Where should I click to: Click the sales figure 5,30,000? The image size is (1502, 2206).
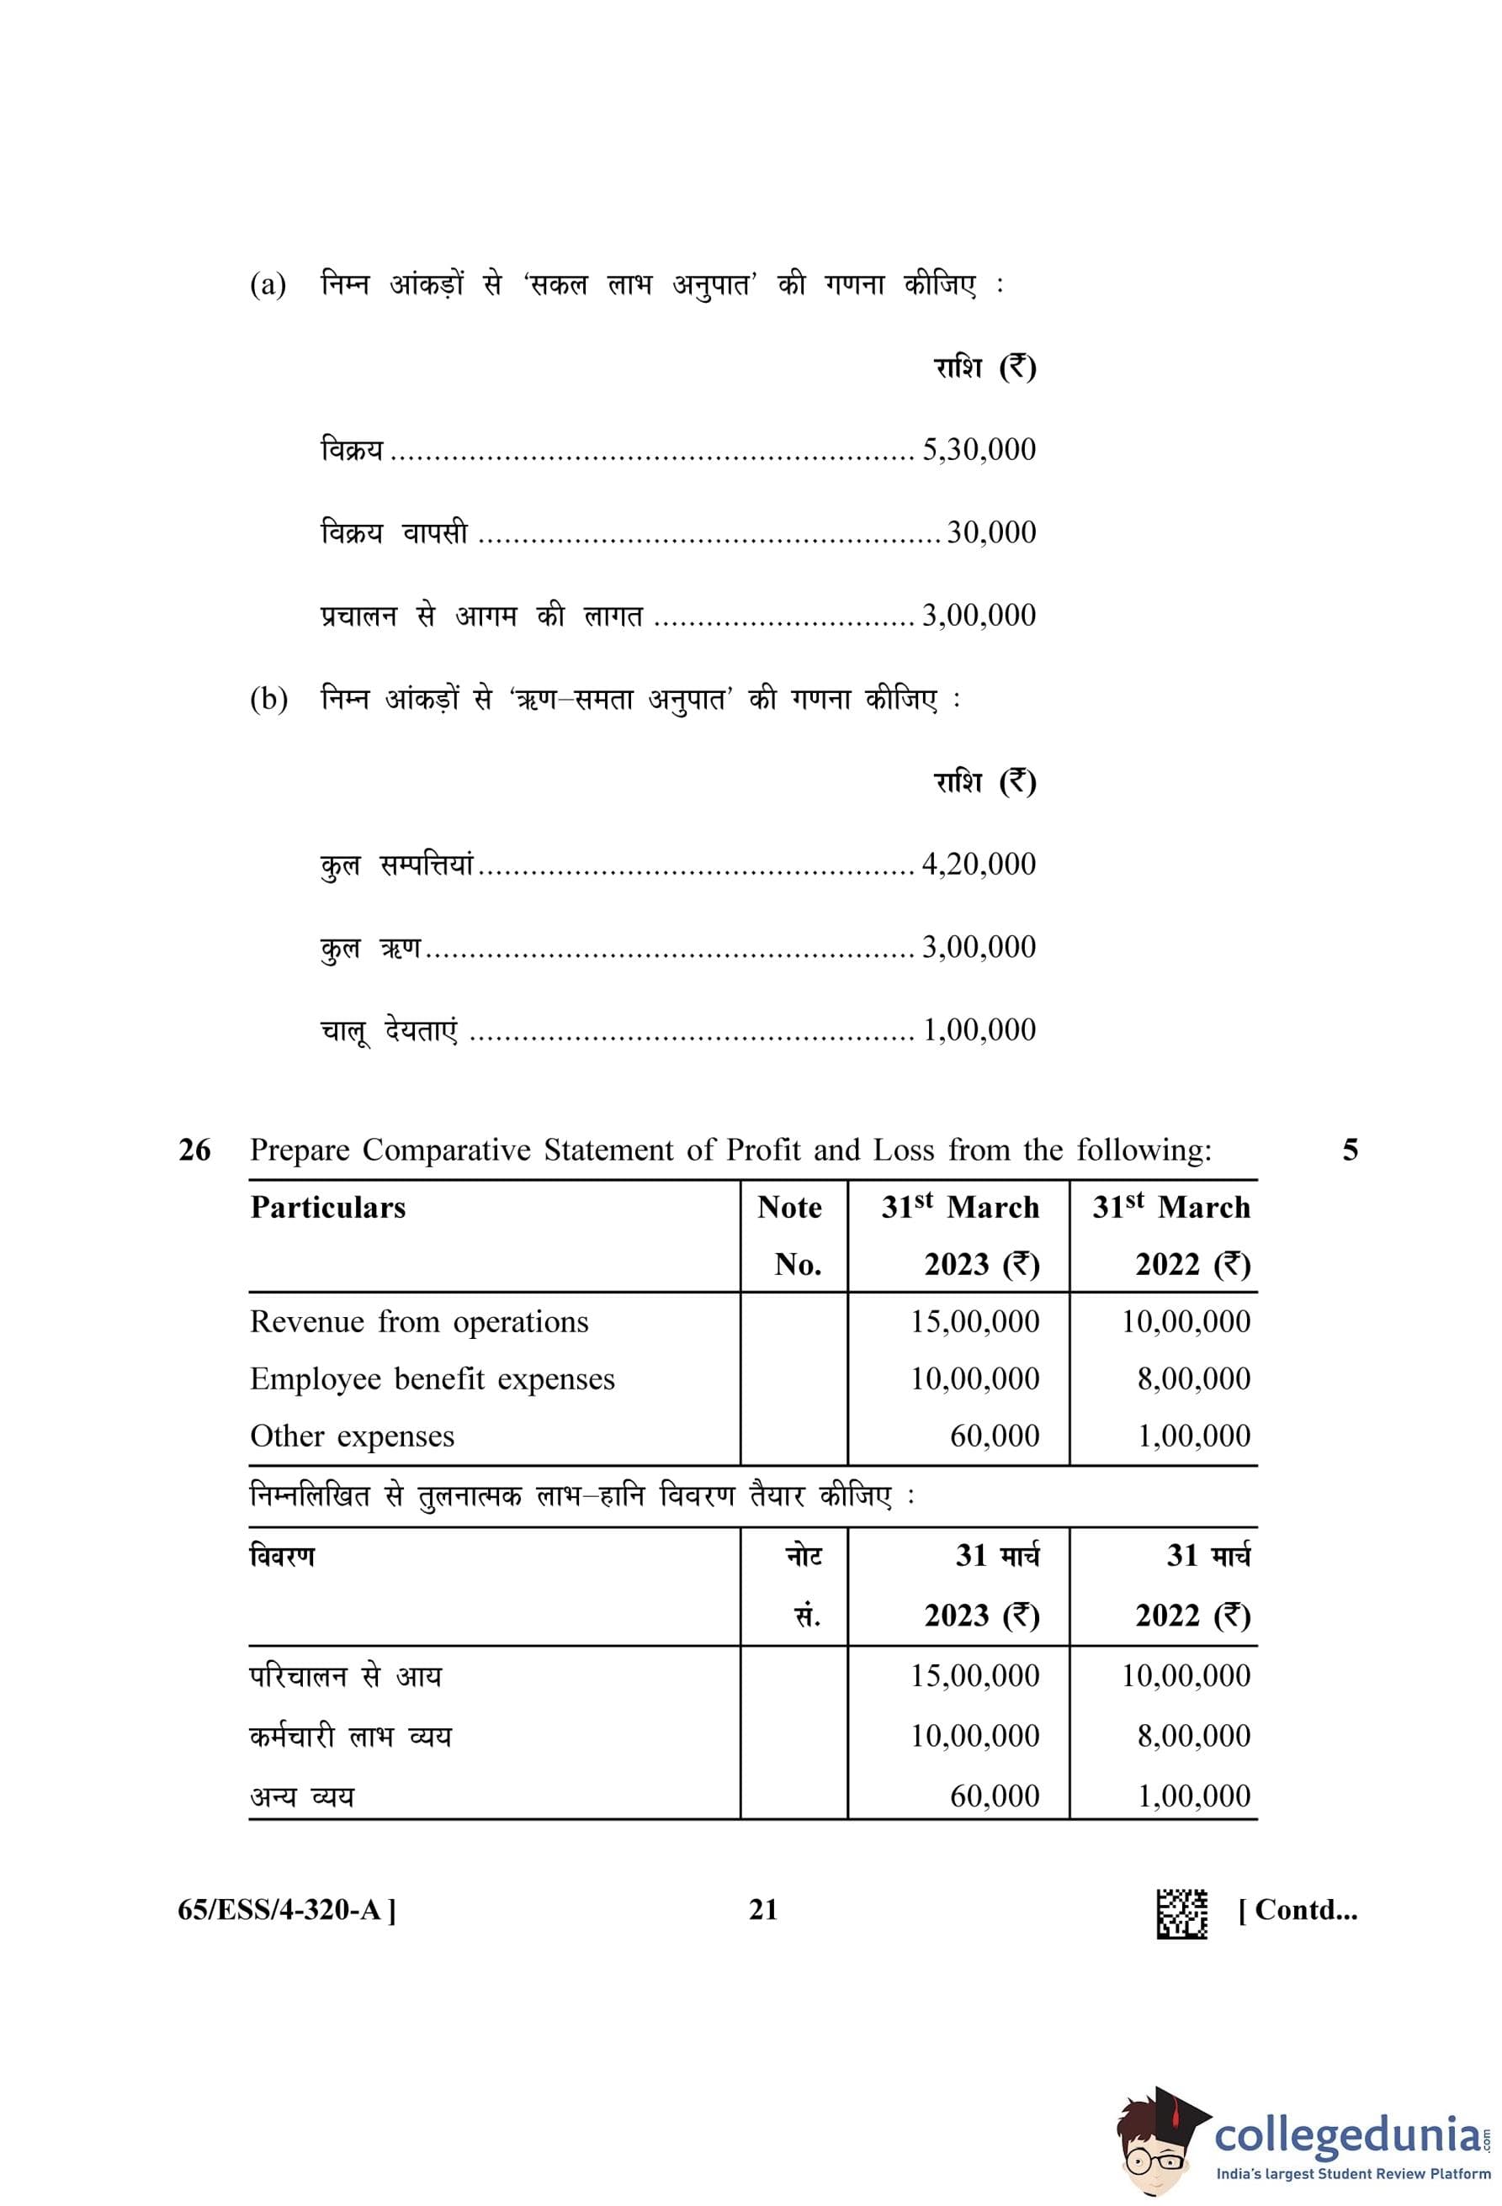point(978,449)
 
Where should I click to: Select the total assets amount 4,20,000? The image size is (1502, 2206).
point(978,864)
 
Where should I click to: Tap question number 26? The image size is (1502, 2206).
point(194,1151)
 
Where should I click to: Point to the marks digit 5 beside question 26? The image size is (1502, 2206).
point(1349,1151)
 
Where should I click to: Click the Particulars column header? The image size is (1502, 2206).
point(327,1208)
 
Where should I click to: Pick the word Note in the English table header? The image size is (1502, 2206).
point(789,1208)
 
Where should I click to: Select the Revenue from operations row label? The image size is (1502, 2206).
point(419,1321)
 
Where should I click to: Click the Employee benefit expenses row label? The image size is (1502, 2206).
point(432,1378)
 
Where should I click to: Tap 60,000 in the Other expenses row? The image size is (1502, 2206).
point(994,1436)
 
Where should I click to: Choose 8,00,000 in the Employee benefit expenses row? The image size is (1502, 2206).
point(1193,1378)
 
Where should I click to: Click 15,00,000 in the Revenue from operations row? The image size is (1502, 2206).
point(974,1321)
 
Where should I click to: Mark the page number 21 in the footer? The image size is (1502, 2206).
point(762,1910)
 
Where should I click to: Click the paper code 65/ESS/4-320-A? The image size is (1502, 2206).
point(287,1910)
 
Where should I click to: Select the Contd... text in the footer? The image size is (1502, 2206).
point(1297,1910)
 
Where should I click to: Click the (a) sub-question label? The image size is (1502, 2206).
point(268,285)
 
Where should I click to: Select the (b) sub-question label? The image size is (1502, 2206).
point(268,700)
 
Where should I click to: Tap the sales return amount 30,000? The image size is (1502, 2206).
point(990,532)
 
